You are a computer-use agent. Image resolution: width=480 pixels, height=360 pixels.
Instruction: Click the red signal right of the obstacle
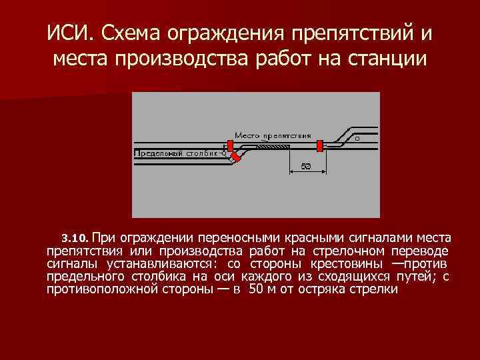point(321,145)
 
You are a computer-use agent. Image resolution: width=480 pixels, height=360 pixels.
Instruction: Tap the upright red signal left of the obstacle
point(230,145)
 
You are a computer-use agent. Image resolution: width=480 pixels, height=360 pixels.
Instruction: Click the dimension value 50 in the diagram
point(305,165)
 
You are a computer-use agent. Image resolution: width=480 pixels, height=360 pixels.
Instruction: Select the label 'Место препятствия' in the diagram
point(273,134)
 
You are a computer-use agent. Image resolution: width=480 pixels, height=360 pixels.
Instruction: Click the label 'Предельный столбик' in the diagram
point(176,153)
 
